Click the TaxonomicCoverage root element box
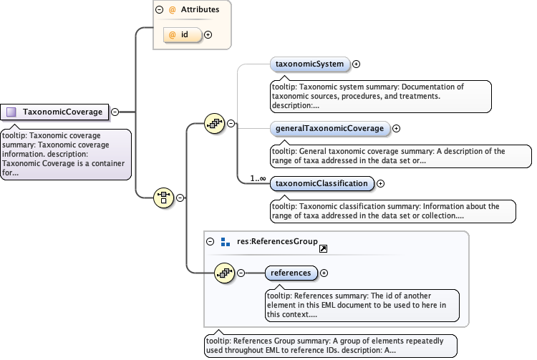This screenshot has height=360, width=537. [56, 112]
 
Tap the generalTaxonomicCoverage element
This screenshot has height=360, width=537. [330, 129]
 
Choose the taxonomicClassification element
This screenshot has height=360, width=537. [321, 184]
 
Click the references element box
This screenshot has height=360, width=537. [291, 273]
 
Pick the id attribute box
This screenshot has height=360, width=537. [183, 34]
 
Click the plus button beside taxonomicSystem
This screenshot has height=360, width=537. [357, 64]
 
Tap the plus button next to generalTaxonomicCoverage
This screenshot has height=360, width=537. [396, 129]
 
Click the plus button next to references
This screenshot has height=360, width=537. [324, 273]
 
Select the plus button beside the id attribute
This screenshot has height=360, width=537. [208, 34]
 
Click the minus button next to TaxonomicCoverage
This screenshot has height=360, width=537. [115, 112]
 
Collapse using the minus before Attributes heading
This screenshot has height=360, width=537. [159, 10]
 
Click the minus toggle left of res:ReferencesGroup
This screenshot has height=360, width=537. [211, 241]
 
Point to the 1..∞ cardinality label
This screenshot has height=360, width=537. [258, 178]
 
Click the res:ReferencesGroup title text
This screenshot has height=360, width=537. [277, 241]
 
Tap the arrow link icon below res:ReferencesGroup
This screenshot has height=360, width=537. [323, 249]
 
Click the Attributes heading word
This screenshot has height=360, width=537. [200, 10]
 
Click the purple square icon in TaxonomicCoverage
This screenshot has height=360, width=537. [11, 112]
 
